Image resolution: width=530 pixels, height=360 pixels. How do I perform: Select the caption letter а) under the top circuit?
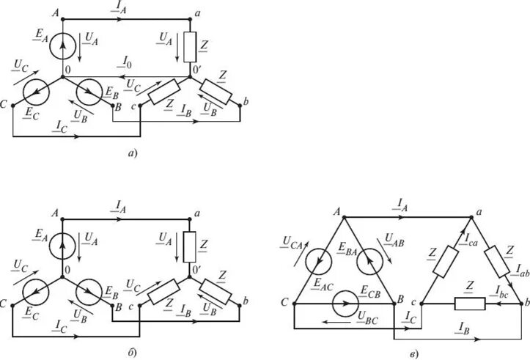coord(131,153)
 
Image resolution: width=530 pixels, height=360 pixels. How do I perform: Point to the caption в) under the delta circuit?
coord(413,355)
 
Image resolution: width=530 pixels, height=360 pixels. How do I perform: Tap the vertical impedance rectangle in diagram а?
coord(189,48)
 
